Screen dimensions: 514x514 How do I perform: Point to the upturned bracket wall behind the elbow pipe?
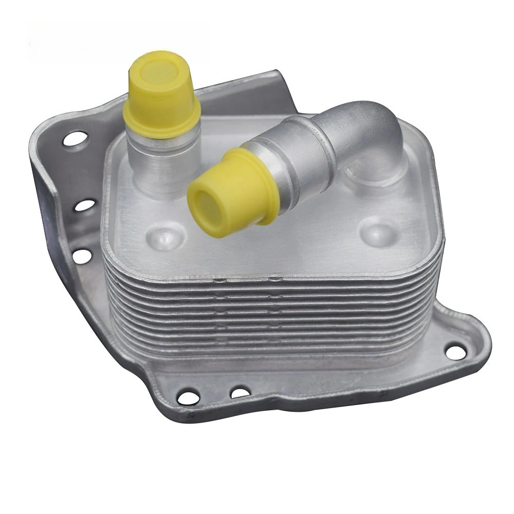[x=257, y=98]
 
